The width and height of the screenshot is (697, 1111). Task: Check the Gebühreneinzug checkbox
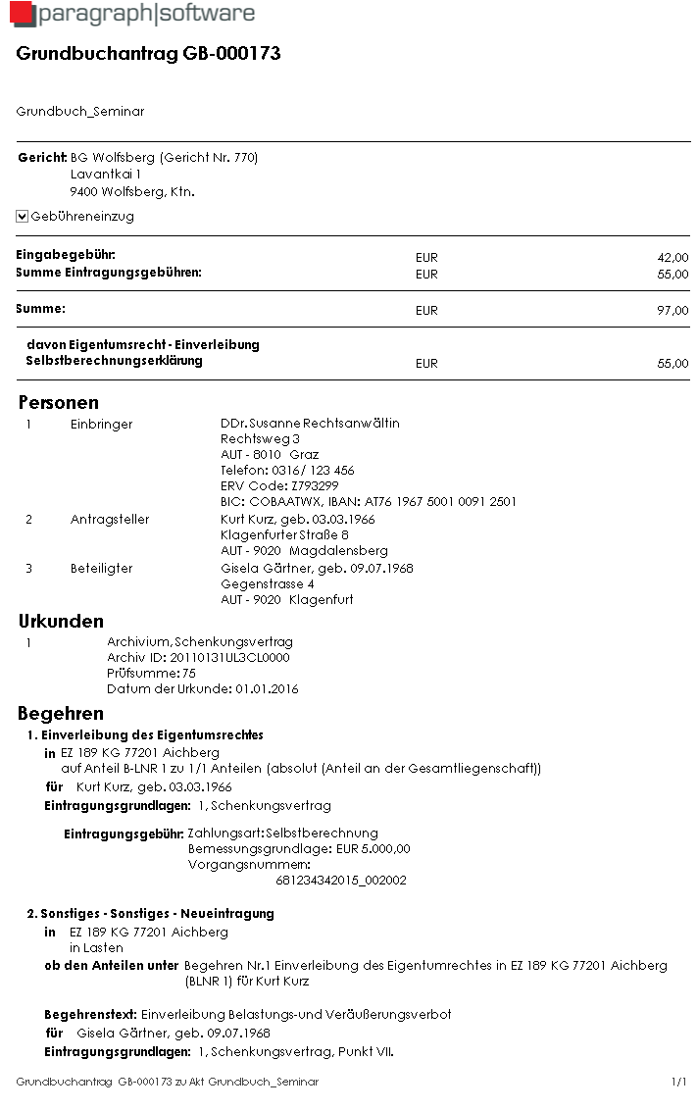[23, 217]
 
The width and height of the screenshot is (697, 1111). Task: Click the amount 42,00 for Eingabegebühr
[672, 258]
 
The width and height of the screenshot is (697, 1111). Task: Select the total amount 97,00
[672, 311]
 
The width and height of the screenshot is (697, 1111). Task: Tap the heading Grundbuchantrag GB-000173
[149, 54]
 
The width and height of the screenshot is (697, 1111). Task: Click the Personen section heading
[59, 403]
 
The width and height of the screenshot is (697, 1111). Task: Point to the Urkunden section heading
[61, 622]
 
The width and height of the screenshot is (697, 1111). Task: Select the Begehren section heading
[61, 714]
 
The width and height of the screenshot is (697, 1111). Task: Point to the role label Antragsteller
[110, 520]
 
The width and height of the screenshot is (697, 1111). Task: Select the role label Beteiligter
[101, 569]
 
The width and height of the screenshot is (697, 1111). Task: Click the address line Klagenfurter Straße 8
[285, 535]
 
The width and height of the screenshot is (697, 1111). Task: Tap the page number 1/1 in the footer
[679, 1083]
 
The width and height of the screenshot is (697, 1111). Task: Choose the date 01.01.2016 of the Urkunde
[267, 689]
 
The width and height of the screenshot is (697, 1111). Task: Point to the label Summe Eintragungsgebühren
[109, 273]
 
